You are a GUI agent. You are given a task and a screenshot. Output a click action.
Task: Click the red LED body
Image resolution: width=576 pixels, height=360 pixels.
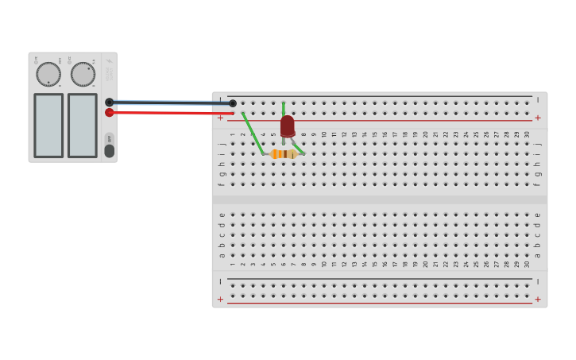pos(287,126)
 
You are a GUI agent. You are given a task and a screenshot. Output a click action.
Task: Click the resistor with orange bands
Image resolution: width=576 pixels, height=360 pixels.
pos(284,154)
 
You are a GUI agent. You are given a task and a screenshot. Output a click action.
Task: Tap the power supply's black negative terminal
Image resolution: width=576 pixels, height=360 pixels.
pos(109,103)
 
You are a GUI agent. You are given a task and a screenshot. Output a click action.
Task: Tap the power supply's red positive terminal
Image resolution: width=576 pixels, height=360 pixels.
pos(109,113)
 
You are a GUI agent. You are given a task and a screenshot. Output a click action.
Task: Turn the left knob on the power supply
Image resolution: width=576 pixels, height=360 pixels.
pos(48,74)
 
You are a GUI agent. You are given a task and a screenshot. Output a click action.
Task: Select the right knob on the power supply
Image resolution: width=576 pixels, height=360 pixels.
pos(83,74)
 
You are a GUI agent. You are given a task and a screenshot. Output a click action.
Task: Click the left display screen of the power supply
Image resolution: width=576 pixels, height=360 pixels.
pos(48,126)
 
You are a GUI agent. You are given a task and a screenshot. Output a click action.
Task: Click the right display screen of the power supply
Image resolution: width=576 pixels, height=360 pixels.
pos(82,126)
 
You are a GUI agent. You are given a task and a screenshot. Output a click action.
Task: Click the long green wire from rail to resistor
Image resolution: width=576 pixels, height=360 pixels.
pos(252,132)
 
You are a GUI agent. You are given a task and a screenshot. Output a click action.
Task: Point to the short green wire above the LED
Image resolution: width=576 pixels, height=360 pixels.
pos(283,108)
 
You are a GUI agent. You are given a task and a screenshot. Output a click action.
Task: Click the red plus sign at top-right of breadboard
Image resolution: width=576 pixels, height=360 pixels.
pos(538,118)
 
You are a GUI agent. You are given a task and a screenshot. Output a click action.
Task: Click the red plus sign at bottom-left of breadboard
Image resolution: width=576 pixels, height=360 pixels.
pos(221,300)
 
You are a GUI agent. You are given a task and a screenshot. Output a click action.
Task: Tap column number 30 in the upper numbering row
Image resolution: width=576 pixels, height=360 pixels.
pos(527,134)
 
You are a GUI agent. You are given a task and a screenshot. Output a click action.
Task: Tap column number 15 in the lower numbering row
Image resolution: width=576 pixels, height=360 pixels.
pos(375,264)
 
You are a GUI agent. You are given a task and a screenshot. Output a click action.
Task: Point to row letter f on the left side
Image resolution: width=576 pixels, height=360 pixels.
pos(222,184)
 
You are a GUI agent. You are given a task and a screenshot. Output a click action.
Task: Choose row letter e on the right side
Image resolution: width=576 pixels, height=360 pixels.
pos(538,215)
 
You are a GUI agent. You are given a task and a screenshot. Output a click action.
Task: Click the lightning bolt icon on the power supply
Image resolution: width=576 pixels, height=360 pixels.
pos(110,61)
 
